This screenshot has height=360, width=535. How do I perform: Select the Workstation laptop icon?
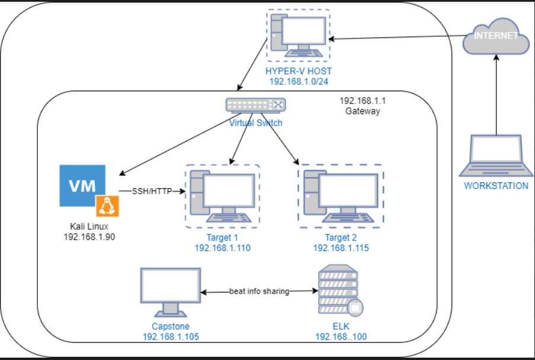[x=495, y=156]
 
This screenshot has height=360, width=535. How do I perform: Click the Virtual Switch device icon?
[x=255, y=105]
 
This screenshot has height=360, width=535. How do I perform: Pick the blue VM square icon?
[x=83, y=186]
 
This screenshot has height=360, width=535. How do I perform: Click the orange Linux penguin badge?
[x=107, y=206]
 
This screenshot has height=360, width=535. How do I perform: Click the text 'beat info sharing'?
[x=259, y=291]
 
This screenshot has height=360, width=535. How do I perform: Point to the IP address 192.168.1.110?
[x=222, y=248]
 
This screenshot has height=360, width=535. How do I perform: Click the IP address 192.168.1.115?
[x=341, y=248]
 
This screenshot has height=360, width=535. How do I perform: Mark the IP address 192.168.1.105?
[x=170, y=336]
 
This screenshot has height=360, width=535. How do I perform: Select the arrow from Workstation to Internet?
[x=495, y=95]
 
